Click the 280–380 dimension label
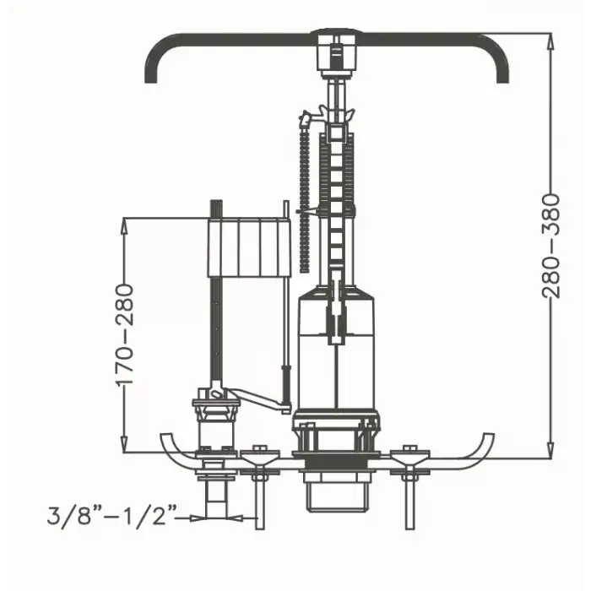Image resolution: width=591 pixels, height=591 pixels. pos(551,246)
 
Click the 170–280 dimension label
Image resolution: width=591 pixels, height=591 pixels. pos(125,335)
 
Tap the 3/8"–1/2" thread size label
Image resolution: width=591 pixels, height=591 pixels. pos(112,516)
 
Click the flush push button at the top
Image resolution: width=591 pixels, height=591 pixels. pos(337,50)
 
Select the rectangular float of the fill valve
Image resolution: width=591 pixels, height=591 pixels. pos(250,247)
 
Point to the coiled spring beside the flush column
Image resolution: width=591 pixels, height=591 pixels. pos(304,196)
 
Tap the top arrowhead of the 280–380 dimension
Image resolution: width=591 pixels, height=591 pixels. pos(550,41)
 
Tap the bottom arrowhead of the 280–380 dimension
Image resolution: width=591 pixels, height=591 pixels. pos(550,450)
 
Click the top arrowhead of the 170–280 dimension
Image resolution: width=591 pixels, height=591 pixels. pos(124,225)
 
